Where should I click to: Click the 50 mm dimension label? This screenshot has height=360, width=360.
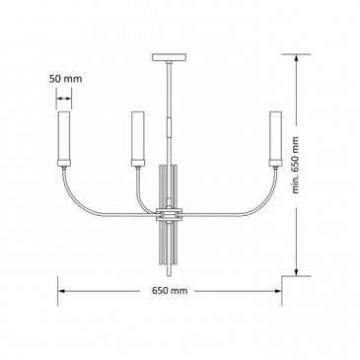tap(65, 79)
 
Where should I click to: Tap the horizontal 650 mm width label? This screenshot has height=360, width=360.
tap(170, 291)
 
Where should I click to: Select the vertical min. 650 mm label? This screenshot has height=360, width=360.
tap(296, 165)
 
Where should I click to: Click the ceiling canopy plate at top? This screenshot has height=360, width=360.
tap(170, 57)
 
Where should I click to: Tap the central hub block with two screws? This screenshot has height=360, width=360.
tap(170, 214)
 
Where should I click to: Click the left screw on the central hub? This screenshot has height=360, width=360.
tap(162, 215)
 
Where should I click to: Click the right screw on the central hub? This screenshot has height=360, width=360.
tap(178, 215)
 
